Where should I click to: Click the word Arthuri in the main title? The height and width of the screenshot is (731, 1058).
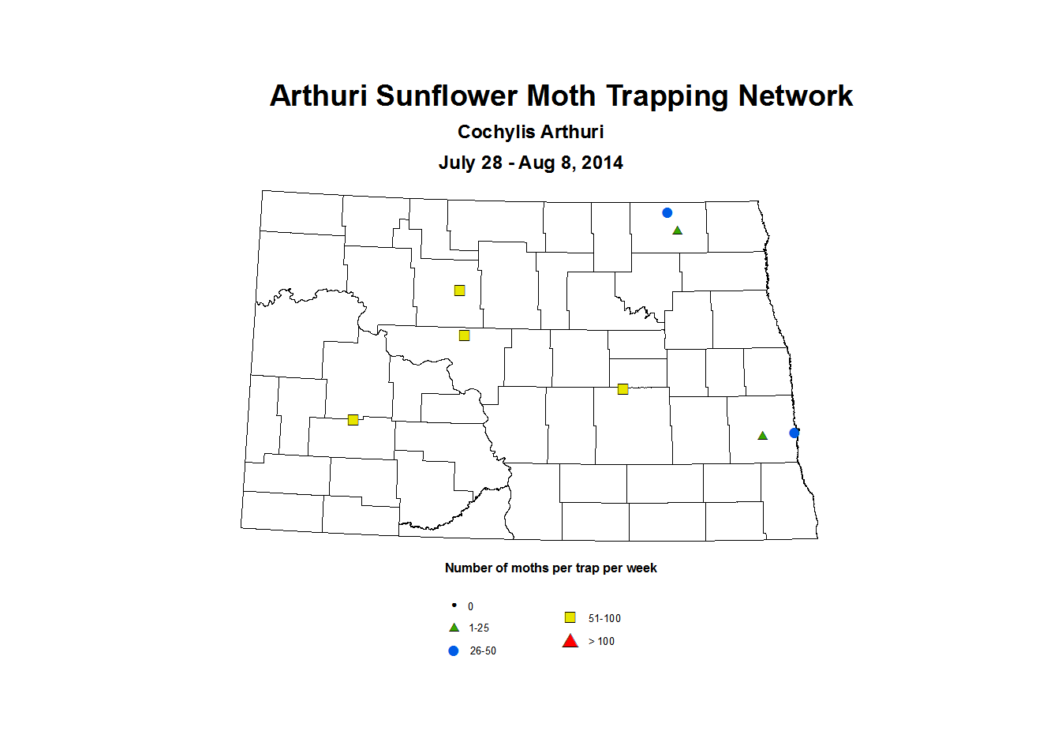click(x=318, y=96)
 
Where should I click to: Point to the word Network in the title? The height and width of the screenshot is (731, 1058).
click(x=795, y=96)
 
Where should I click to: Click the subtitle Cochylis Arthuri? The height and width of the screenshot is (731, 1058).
click(x=530, y=133)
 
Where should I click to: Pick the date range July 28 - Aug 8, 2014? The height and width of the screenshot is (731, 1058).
click(x=530, y=163)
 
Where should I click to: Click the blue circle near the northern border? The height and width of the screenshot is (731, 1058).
click(x=667, y=212)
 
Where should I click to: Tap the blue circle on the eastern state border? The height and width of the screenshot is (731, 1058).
click(x=794, y=433)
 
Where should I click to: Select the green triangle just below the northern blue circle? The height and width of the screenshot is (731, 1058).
click(x=677, y=231)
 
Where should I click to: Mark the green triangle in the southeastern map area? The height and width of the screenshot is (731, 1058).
click(x=762, y=436)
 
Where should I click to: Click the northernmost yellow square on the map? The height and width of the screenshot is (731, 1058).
click(x=459, y=291)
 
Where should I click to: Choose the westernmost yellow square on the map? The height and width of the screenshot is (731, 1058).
click(x=353, y=420)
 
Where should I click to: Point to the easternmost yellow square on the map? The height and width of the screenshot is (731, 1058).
click(x=622, y=389)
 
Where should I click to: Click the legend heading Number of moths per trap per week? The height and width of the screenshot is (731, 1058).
click(x=551, y=568)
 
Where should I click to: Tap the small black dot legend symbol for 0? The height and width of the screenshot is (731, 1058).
click(x=454, y=605)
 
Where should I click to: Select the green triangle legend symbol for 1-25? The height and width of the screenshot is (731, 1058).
click(x=454, y=628)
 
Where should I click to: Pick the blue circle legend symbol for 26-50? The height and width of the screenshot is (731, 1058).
click(x=454, y=650)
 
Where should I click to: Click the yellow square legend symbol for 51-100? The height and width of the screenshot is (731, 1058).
click(x=570, y=617)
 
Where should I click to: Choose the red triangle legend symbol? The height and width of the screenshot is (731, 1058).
click(x=570, y=641)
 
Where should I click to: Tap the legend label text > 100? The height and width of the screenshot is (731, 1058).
click(x=601, y=641)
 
